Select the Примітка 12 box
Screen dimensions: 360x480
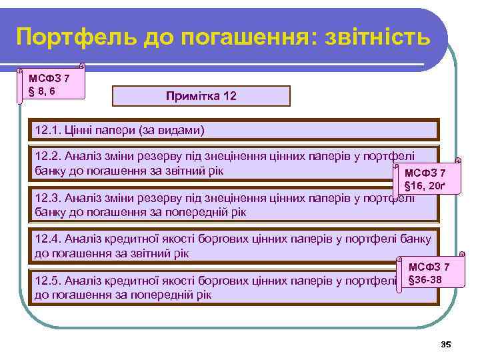pyautogui.click(x=201, y=96)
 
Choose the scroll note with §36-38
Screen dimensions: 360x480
pyautogui.click(x=430, y=273)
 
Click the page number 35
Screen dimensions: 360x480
pyautogui.click(x=446, y=344)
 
